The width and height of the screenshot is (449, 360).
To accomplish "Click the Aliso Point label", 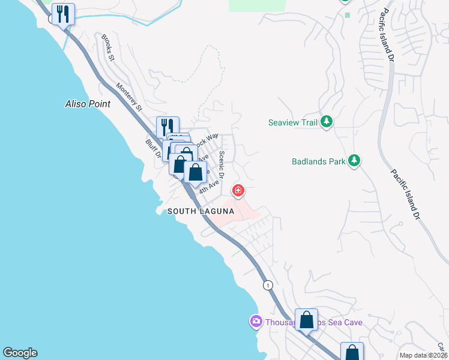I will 88,104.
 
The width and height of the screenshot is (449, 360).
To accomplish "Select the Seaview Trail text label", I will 292,122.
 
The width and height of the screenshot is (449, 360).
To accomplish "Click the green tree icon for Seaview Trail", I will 326,122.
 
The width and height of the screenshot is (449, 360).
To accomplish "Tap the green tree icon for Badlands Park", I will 354,160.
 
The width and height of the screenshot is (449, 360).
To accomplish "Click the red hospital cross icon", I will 238,191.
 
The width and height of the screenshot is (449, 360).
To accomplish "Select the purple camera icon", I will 256,322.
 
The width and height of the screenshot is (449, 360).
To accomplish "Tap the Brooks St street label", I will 108,47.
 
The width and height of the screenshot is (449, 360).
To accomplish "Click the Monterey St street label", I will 129,97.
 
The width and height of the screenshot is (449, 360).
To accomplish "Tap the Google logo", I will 20,353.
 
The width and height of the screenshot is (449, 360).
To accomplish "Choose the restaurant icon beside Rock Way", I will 167,127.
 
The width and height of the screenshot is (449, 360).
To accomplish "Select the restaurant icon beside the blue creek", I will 63,14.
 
